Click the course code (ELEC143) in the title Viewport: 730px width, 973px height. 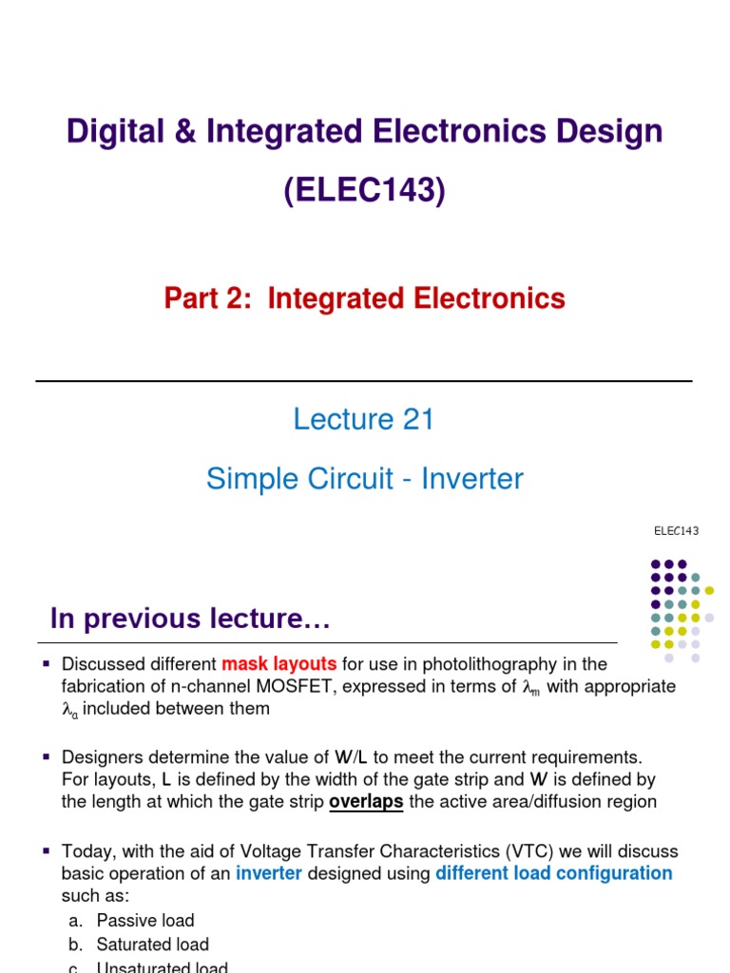[364, 191]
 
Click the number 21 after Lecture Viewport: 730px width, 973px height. [418, 419]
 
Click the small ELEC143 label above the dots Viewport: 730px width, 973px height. [676, 530]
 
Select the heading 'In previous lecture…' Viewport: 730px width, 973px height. [190, 620]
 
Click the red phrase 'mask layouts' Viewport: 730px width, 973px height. [279, 663]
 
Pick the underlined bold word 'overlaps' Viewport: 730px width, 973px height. [366, 802]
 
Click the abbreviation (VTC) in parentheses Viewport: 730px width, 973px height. [498, 850]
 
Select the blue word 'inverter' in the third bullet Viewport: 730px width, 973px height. [269, 873]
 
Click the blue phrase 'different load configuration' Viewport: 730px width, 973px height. [553, 873]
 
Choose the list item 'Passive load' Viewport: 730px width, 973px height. [145, 920]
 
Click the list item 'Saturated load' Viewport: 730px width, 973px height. [152, 944]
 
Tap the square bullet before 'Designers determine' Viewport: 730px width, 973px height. [45, 756]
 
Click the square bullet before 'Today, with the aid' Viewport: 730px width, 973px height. [45, 850]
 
